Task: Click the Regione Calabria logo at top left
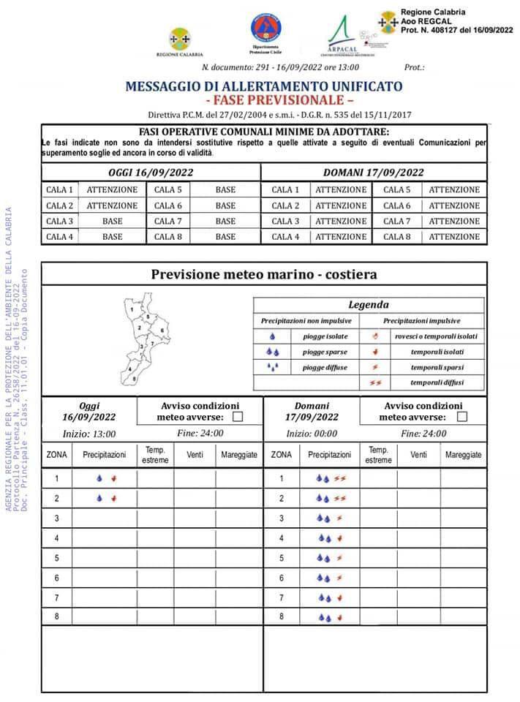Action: pos(178,42)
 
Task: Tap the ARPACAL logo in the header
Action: pos(342,35)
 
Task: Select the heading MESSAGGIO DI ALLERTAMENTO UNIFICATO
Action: pos(264,86)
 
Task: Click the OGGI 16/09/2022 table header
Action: pos(151,173)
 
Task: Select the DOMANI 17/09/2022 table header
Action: pos(374,173)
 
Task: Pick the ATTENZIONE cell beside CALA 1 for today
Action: pos(112,189)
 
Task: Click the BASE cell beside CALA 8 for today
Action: pos(225,236)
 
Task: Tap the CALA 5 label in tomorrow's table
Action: pos(397,189)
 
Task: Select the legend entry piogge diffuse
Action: pos(325,367)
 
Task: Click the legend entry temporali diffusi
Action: pos(437,382)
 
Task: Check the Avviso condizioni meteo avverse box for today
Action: pos(237,417)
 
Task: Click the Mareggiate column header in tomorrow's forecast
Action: pos(464,455)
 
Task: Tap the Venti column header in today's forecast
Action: pos(195,455)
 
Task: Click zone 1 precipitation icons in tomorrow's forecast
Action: pos(330,479)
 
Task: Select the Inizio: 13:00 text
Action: pos(89,433)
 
